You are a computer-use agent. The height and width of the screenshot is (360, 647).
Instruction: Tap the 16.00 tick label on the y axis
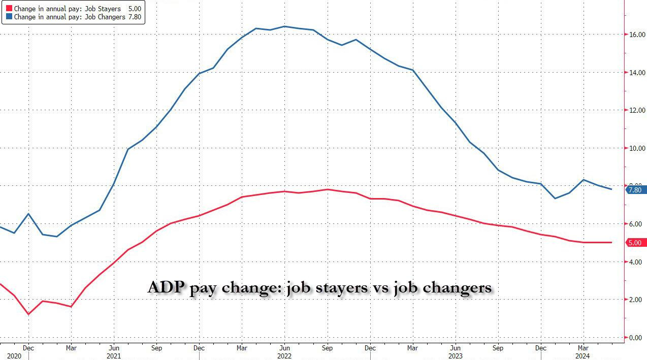pos(637,35)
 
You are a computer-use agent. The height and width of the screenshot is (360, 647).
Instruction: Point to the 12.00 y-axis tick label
pos(637,110)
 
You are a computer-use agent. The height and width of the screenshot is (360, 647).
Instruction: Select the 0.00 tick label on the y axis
pos(637,337)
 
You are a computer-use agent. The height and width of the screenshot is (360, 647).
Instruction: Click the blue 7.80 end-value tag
pos(635,190)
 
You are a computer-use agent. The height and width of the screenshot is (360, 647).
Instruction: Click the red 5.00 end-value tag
pos(635,243)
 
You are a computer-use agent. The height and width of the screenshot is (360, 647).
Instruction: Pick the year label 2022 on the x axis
pos(284,356)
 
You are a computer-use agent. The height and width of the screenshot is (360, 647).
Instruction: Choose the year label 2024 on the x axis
pos(581,356)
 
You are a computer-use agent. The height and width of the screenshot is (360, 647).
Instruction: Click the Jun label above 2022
pos(284,348)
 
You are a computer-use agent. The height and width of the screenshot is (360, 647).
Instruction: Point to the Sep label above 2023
pos(498,348)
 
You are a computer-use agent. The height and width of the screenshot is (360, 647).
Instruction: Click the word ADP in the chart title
pos(166,287)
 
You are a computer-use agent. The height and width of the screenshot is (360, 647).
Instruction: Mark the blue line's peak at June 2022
pos(284,26)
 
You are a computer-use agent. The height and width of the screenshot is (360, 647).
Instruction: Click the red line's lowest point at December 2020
pos(28,314)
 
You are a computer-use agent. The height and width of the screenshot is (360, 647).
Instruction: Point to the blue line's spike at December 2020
pos(28,214)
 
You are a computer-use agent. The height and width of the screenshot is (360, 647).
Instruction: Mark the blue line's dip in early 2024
pos(555,198)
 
